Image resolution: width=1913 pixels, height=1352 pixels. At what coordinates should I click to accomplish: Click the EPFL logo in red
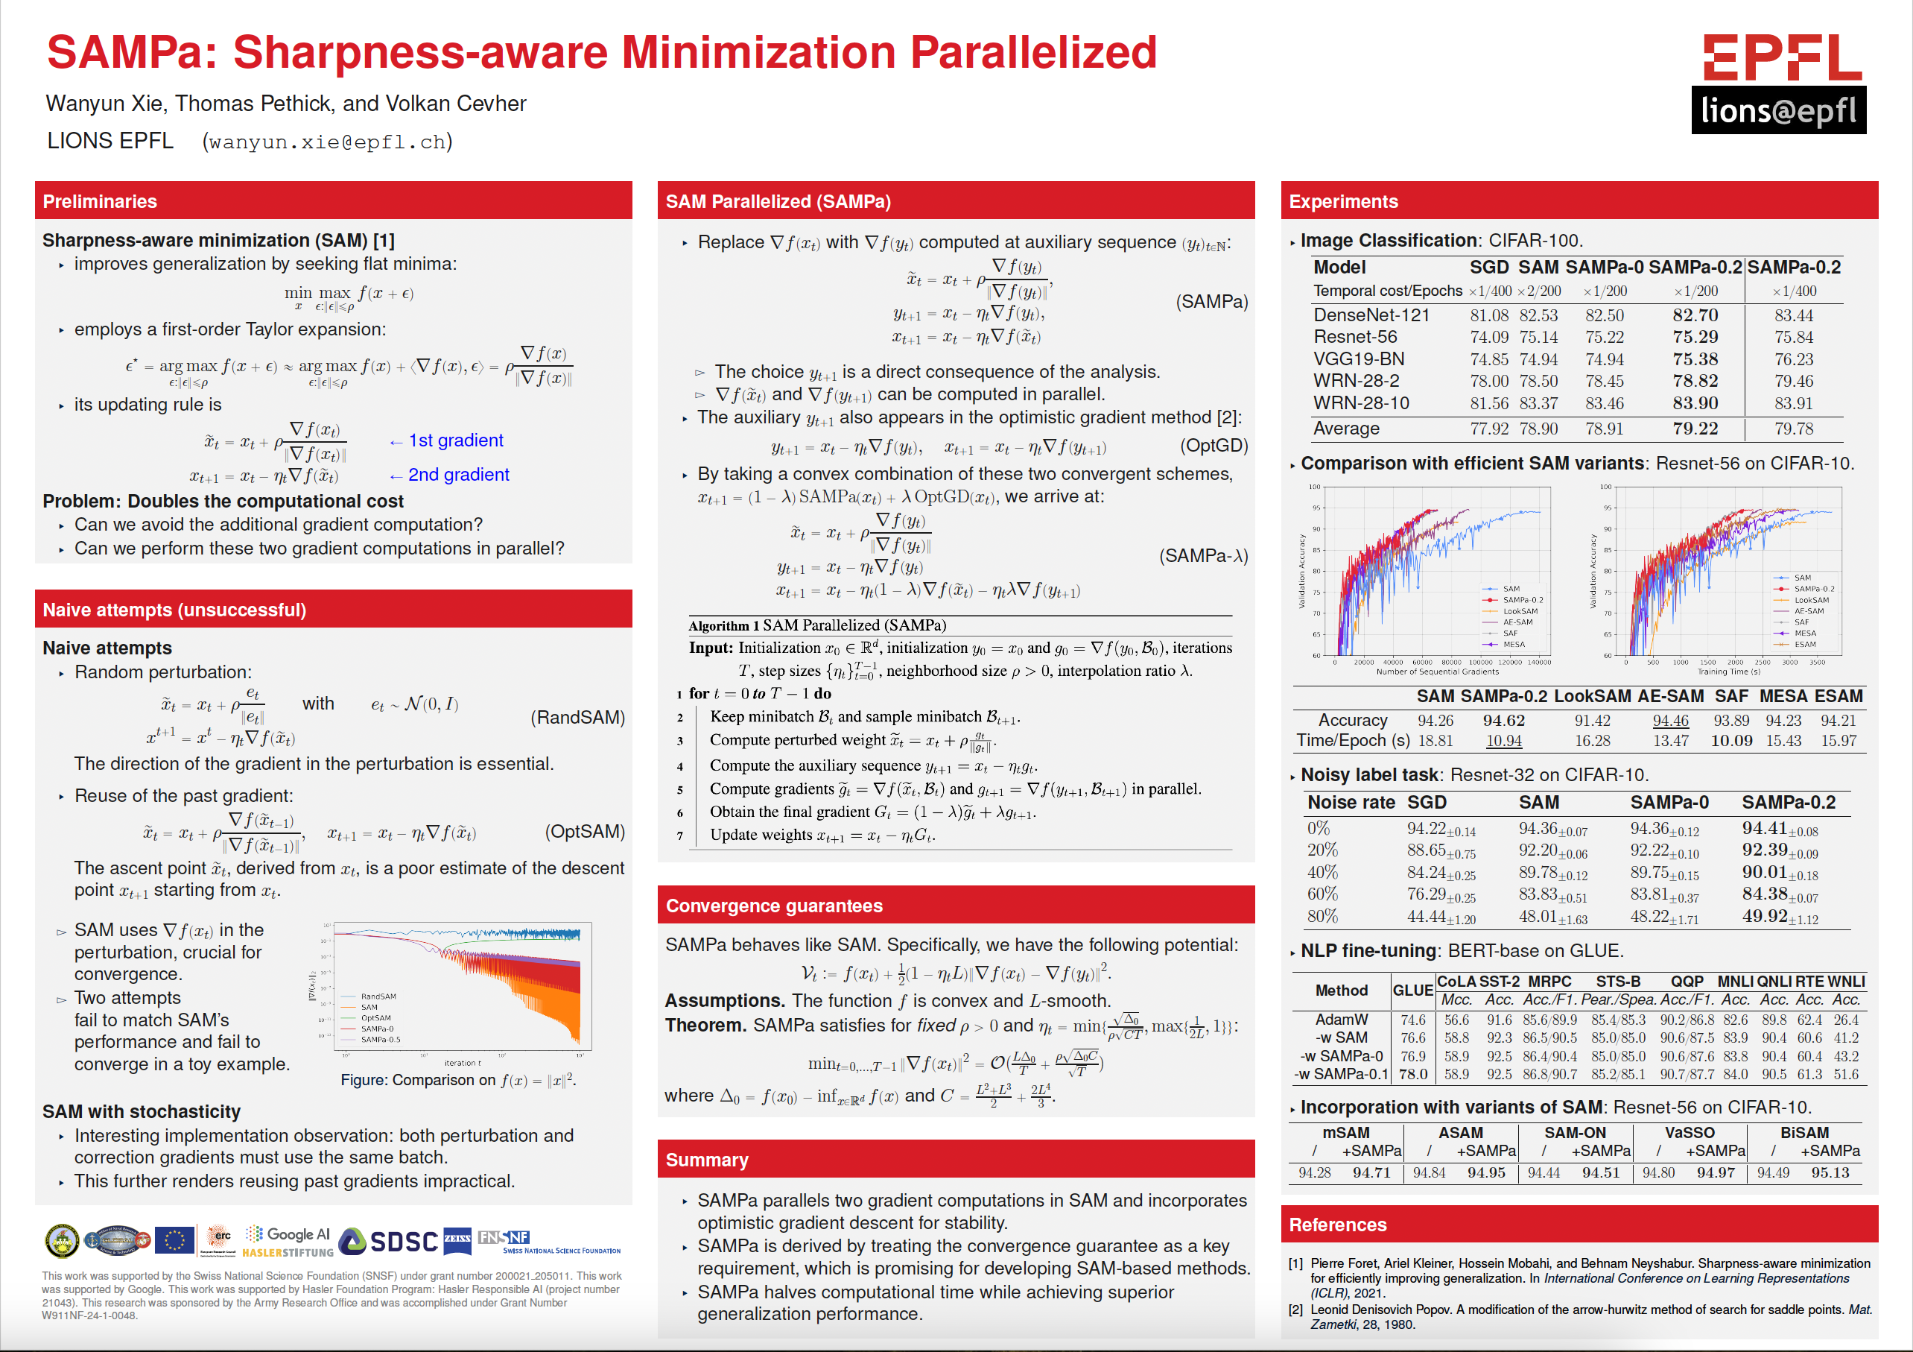click(1781, 57)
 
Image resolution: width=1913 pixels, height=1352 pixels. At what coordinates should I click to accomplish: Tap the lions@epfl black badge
click(1778, 110)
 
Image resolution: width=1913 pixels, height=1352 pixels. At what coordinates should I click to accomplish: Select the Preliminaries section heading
click(100, 202)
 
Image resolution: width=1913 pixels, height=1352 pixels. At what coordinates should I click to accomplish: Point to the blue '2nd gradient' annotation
click(457, 474)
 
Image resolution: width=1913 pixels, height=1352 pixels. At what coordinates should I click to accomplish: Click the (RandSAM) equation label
click(577, 717)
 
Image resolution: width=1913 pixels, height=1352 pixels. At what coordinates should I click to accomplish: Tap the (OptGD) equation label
click(1213, 445)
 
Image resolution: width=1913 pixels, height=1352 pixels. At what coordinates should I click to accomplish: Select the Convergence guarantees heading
click(774, 906)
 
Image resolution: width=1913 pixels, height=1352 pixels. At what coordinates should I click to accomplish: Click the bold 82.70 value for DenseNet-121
click(1695, 315)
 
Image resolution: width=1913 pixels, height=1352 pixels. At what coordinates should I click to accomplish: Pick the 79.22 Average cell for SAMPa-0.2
click(1695, 429)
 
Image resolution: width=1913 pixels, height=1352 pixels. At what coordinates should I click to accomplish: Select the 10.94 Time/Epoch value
click(1503, 740)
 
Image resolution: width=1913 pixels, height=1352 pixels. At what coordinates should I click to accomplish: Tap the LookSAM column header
click(1592, 696)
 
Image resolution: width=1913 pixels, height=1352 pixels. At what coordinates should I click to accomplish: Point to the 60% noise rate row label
click(1322, 894)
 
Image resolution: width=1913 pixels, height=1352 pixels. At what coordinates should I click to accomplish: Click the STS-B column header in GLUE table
click(1618, 981)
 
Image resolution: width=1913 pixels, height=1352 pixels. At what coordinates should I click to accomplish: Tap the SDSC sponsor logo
click(389, 1241)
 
